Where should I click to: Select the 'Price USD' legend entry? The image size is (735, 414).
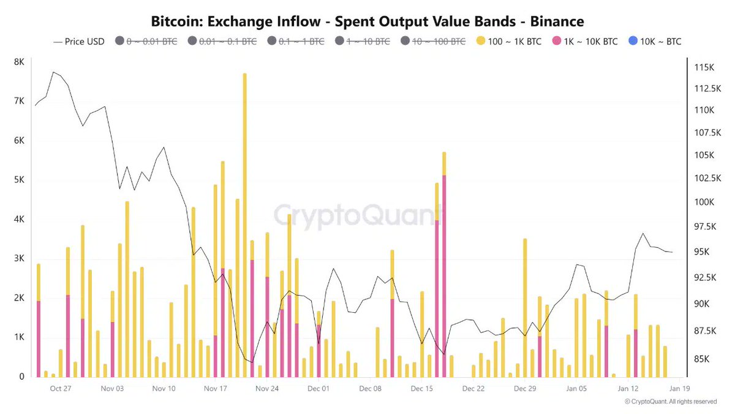[x=79, y=42]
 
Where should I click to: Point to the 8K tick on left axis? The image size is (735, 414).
[x=19, y=62]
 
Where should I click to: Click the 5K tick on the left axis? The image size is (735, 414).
[x=19, y=180]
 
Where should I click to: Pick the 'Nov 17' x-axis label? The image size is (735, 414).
[x=216, y=388]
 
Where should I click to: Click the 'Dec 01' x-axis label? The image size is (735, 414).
[x=318, y=388]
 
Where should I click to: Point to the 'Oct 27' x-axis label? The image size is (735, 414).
[x=61, y=388]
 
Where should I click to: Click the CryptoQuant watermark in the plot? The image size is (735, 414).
[x=358, y=216]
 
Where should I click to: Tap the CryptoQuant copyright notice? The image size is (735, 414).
[x=670, y=402]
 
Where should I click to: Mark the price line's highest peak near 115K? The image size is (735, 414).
[x=53, y=72]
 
